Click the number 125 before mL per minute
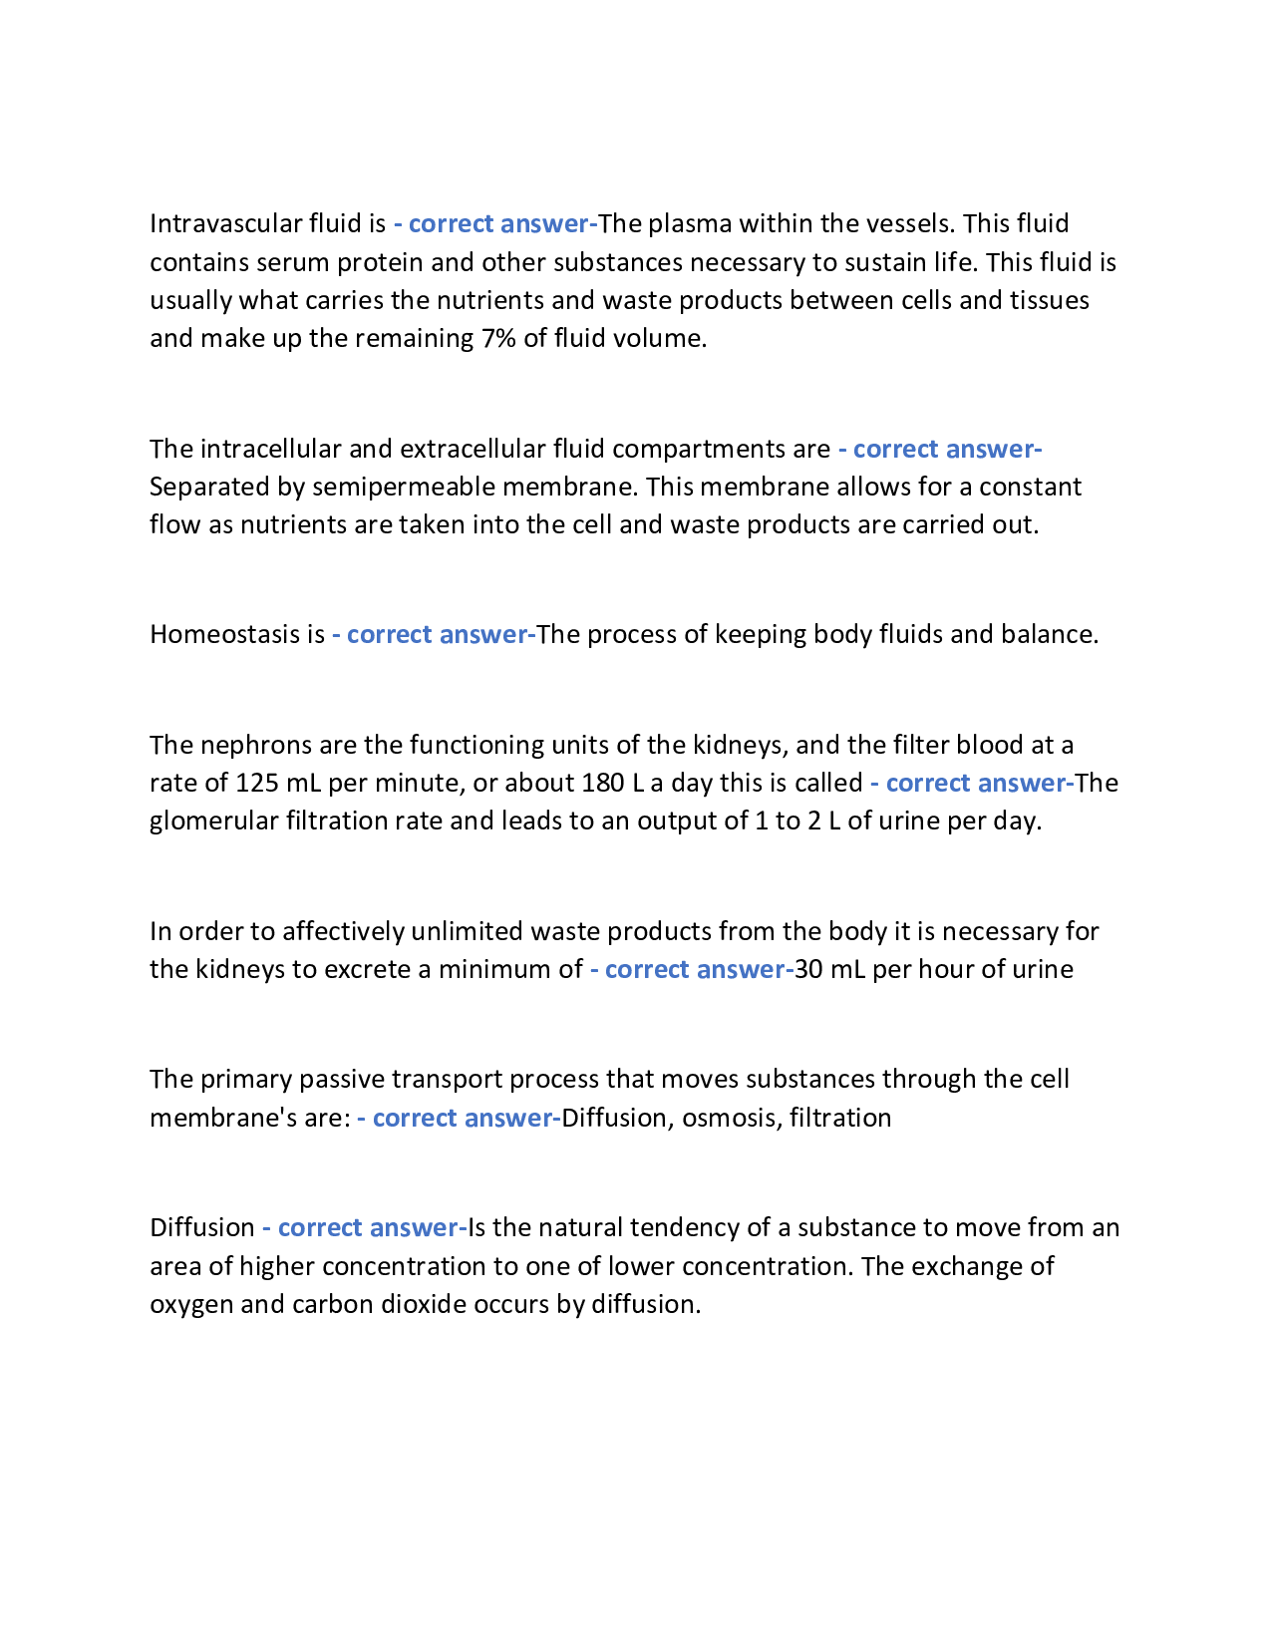(256, 783)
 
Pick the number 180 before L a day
(602, 783)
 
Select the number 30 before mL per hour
(808, 969)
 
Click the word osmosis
(728, 1118)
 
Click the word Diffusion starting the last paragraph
(202, 1227)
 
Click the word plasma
(689, 223)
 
